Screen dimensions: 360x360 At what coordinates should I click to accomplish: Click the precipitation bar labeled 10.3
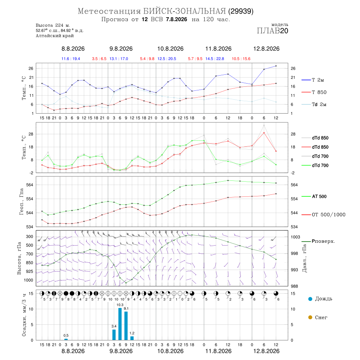[x=120, y=324]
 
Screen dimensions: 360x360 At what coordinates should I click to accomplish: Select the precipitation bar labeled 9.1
[x=126, y=326]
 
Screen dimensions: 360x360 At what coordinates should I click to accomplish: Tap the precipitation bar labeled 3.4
[x=114, y=335]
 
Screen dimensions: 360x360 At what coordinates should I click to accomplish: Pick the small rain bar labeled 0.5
[x=66, y=339]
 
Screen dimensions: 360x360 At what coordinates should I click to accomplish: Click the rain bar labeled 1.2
[x=132, y=338]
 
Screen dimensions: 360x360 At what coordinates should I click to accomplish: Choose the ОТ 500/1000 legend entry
[x=324, y=215]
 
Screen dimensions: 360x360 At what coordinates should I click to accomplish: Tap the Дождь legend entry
[x=320, y=299]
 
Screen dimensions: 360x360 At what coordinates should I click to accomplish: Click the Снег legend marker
[x=310, y=317]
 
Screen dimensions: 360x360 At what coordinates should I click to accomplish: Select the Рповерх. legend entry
[x=318, y=241]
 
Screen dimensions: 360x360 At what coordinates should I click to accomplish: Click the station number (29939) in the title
[x=241, y=11]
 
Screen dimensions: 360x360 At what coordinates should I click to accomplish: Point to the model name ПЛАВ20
[x=272, y=31]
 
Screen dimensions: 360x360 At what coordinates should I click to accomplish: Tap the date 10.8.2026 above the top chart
[x=170, y=49]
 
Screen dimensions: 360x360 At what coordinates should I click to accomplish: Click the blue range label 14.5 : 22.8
[x=215, y=59]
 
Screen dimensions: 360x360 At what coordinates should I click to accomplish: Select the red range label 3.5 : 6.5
[x=99, y=59]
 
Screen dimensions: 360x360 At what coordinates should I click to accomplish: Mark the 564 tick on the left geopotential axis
[x=30, y=185]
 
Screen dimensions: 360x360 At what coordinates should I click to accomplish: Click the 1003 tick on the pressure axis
[x=295, y=237]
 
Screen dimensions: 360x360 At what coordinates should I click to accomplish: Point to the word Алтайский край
[x=55, y=36]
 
